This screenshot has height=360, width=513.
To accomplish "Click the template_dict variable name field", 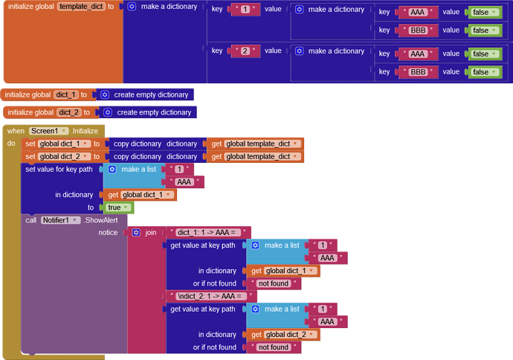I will (x=81, y=7).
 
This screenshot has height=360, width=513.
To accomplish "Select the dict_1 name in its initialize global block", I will (x=65, y=95).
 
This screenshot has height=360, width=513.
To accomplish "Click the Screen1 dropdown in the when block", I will (x=48, y=131).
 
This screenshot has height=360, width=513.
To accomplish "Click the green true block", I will (x=116, y=208).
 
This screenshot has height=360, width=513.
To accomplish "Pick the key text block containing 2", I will (x=245, y=51).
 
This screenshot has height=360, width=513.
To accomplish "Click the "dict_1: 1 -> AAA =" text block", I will (x=209, y=233).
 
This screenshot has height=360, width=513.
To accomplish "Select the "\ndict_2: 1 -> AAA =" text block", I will (x=211, y=296).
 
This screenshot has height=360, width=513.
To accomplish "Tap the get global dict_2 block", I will (x=283, y=335).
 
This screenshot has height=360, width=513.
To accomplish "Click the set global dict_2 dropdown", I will (x=65, y=156).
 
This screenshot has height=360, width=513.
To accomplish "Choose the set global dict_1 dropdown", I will (x=65, y=144).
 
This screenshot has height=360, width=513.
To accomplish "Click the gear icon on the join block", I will (x=136, y=233).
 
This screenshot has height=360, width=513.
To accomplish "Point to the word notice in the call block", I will (x=109, y=233).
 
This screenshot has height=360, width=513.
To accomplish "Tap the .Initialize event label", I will (x=90, y=131).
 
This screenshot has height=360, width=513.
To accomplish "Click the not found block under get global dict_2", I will (x=273, y=347).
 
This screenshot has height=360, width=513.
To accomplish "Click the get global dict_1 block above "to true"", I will (x=142, y=195).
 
